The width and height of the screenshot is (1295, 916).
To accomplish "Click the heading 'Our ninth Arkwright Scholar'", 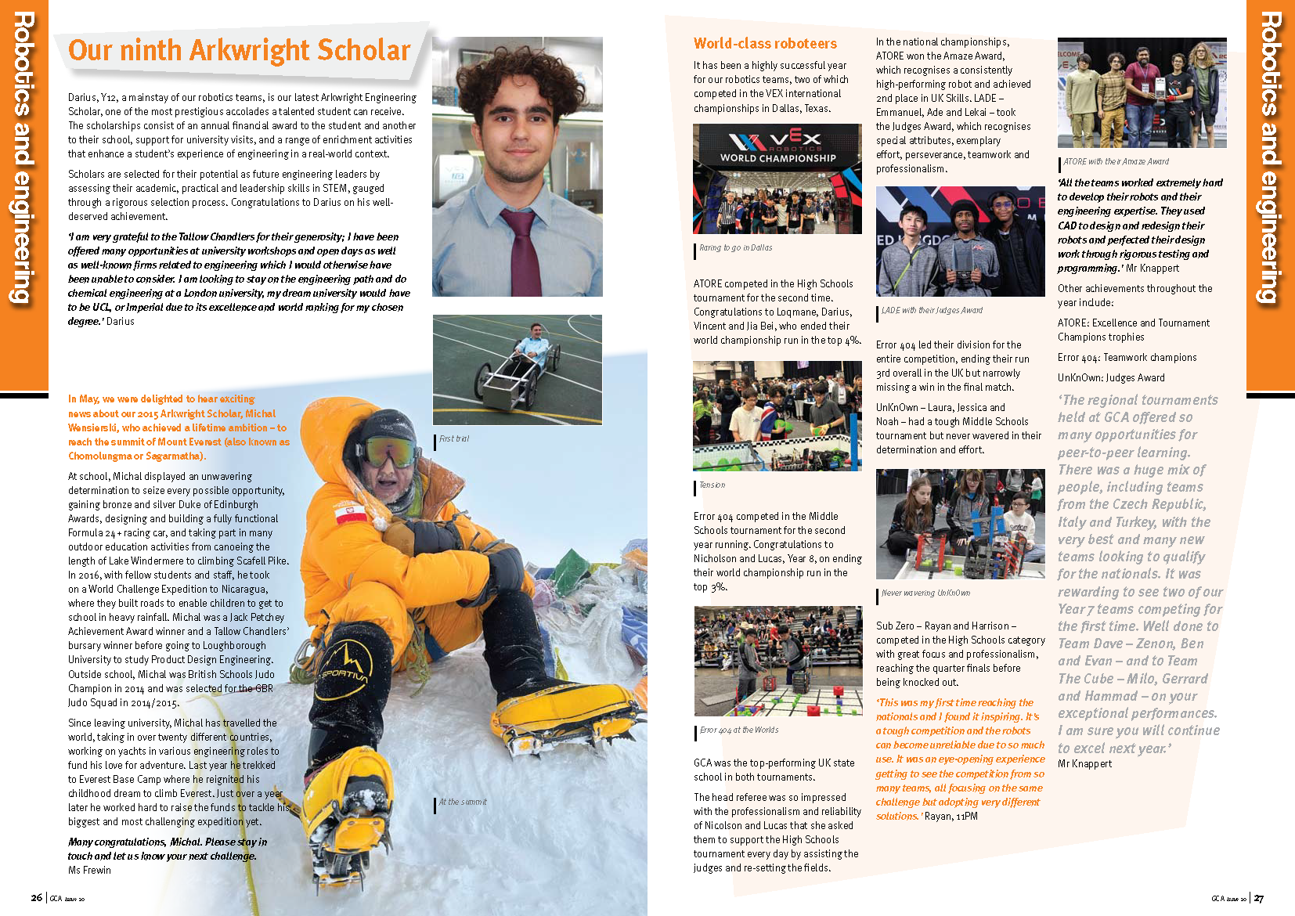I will (x=239, y=51).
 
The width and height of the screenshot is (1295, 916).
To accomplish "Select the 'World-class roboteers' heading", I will (x=765, y=44).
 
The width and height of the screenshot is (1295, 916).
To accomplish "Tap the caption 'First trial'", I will (x=454, y=439).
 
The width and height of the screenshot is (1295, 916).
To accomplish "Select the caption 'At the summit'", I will (x=463, y=802).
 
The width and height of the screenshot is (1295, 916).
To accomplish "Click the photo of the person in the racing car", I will (x=517, y=370).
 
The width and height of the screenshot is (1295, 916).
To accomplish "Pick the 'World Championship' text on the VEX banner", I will (x=777, y=158).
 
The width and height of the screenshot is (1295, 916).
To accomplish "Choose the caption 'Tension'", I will (x=712, y=485).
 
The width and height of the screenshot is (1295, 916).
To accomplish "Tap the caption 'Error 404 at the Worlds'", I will (x=738, y=730).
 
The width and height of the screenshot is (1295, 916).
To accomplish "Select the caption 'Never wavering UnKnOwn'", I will (x=925, y=593).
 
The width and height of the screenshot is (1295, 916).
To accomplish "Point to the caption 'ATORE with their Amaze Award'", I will (x=1116, y=162).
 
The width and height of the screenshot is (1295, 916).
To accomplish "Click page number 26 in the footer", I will (x=36, y=898).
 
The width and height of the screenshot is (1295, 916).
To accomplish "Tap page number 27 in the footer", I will (x=1258, y=899).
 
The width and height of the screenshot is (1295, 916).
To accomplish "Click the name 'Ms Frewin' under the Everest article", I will (x=89, y=871).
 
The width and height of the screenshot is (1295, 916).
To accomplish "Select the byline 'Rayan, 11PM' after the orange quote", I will (x=951, y=817).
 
